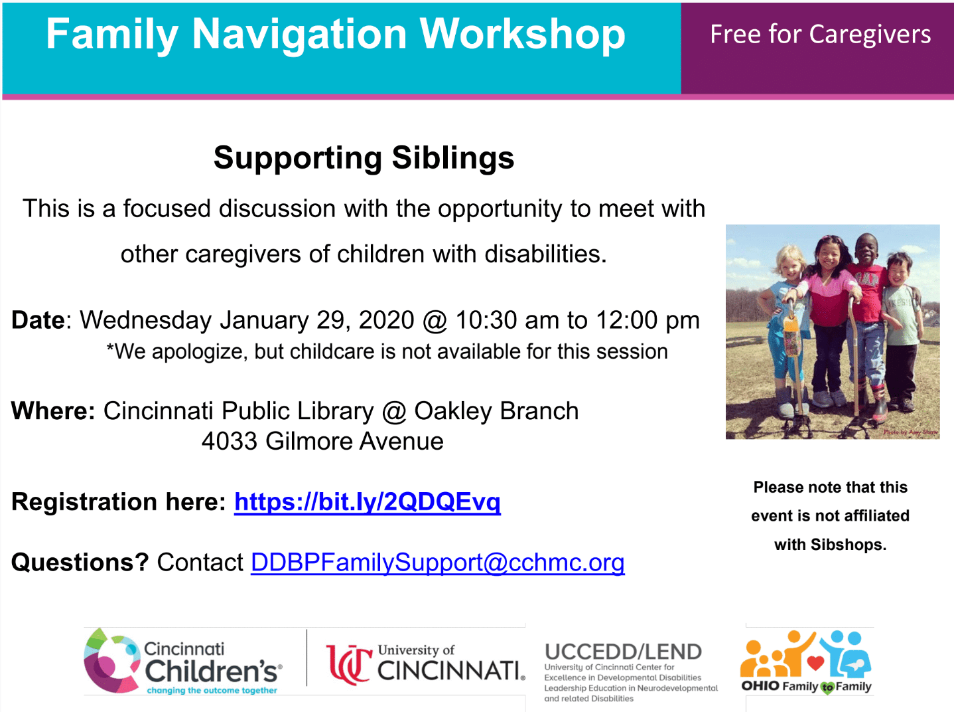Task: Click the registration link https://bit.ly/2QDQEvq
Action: coord(368,502)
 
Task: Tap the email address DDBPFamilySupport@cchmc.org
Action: coord(438,563)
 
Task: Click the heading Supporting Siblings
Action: coord(364,158)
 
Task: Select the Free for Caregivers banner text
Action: coord(820,35)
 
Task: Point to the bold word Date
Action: coord(38,320)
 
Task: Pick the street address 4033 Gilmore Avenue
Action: coord(322,441)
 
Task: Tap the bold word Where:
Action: coord(53,410)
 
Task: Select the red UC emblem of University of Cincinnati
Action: coord(350,665)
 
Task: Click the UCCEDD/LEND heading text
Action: coord(623,652)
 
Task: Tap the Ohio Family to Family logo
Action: coord(806,662)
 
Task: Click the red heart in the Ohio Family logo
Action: coord(816,663)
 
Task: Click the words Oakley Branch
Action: coord(496,410)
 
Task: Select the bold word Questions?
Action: coord(80,563)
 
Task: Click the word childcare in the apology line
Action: coord(332,351)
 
